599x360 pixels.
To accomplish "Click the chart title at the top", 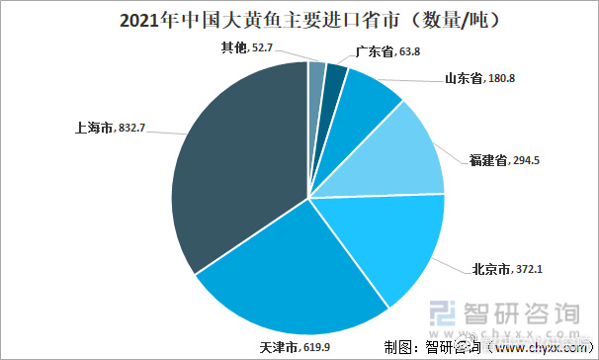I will [299, 19].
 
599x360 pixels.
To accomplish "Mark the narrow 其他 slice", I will [316, 77].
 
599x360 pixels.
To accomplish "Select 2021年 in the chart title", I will [138, 19].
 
